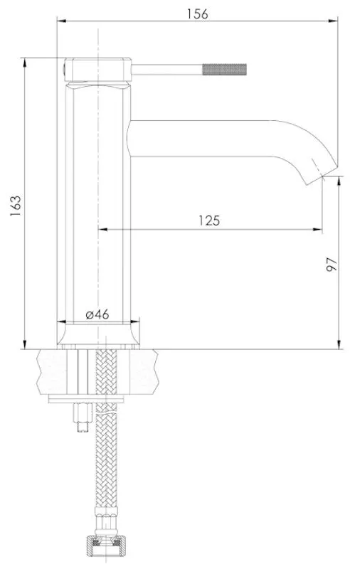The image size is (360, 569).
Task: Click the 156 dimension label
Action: [197, 14]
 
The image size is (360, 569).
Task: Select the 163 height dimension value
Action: [15, 206]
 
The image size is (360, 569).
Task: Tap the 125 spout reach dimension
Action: [209, 220]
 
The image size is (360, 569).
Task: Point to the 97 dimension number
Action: [332, 264]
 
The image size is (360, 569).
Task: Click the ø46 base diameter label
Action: [97, 314]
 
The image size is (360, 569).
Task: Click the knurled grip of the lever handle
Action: [224, 69]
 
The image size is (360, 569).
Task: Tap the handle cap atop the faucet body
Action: [97, 69]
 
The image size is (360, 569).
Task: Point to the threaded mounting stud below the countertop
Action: [83, 418]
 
